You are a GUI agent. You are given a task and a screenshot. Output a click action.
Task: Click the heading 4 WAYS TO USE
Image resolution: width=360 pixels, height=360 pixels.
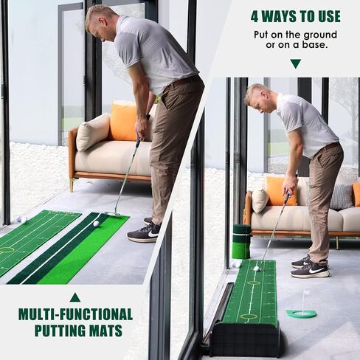[x=295, y=16]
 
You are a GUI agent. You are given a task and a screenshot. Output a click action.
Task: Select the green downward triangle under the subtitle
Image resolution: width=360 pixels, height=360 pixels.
[x=295, y=63]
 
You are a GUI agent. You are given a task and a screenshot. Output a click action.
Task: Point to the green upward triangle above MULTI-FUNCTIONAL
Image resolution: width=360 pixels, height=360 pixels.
[x=75, y=297]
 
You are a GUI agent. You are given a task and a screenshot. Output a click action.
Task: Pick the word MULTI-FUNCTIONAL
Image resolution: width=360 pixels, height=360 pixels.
[x=75, y=314]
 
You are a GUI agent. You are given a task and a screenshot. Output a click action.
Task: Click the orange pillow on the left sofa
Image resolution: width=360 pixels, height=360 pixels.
[x=124, y=122]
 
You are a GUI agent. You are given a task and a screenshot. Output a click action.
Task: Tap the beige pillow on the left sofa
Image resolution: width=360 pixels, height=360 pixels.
[x=93, y=132]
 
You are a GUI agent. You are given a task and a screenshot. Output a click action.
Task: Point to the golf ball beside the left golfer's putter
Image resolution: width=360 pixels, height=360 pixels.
[x=96, y=224]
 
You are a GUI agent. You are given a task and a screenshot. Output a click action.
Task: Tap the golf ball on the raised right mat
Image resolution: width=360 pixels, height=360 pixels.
[x=257, y=269]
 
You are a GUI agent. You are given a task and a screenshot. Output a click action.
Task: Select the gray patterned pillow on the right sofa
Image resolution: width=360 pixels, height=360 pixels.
[x=341, y=196]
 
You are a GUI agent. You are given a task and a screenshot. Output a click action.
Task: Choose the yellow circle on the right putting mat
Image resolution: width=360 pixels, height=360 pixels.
[x=249, y=316]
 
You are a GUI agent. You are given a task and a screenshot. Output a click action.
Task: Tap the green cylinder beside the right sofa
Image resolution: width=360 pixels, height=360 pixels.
[x=241, y=240]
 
